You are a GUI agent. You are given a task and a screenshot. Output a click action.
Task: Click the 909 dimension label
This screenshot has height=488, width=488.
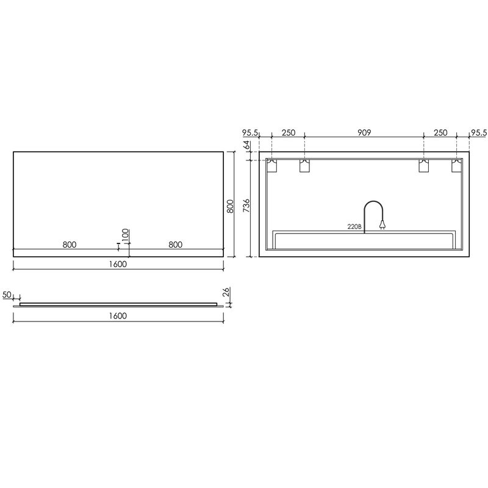pyautogui.click(x=364, y=132)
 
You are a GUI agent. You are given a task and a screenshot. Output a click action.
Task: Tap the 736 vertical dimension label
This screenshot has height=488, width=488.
pyautogui.click(x=246, y=206)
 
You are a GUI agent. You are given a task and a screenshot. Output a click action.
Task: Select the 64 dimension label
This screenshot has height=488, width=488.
pyautogui.click(x=246, y=145)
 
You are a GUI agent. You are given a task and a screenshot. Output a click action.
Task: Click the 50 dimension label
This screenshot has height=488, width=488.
pyautogui.click(x=7, y=295)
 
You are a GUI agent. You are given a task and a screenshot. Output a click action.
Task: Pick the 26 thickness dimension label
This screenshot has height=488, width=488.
pyautogui.click(x=226, y=292)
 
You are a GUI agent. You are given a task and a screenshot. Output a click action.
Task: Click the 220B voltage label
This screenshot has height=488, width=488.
pyautogui.click(x=354, y=227)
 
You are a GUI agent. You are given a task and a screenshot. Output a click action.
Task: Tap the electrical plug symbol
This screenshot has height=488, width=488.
pyautogui.click(x=382, y=224)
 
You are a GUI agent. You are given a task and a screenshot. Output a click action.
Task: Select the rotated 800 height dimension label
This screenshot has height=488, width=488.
pyautogui.click(x=231, y=206)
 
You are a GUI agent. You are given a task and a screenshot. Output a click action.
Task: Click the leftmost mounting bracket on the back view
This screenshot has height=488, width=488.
pyautogui.click(x=271, y=165)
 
